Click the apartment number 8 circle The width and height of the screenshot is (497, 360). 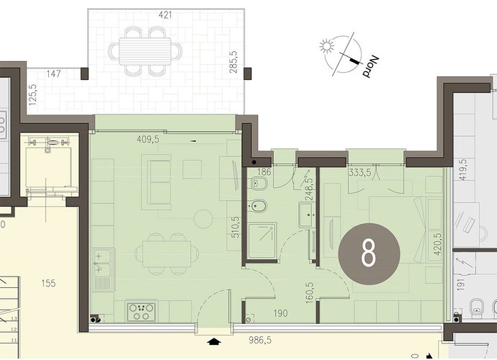click(x=370, y=254)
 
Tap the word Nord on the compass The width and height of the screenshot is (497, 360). click(x=371, y=67)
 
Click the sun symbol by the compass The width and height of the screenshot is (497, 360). click(x=326, y=45)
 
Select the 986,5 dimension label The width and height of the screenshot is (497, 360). click(x=260, y=341)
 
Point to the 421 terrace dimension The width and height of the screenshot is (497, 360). click(x=165, y=15)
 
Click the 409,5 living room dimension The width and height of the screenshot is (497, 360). click(x=148, y=140)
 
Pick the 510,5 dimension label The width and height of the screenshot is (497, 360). click(x=236, y=228)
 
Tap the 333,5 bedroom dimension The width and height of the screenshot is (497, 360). click(x=360, y=173)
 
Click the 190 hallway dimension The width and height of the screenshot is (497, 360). click(x=280, y=313)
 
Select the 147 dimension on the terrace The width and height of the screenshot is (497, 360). click(x=53, y=74)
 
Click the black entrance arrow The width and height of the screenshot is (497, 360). click(x=214, y=341)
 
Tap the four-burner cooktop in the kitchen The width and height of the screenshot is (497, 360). click(x=141, y=312)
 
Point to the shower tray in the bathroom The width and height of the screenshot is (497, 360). click(x=262, y=241)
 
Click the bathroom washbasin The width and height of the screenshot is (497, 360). click(x=307, y=215)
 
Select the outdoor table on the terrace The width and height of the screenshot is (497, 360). click(x=145, y=51)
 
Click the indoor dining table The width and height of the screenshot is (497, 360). click(x=166, y=254)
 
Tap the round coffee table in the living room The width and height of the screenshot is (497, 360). click(x=203, y=219)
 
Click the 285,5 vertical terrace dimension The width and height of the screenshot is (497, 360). click(x=233, y=62)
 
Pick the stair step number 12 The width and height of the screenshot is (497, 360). click(x=14, y=330)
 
